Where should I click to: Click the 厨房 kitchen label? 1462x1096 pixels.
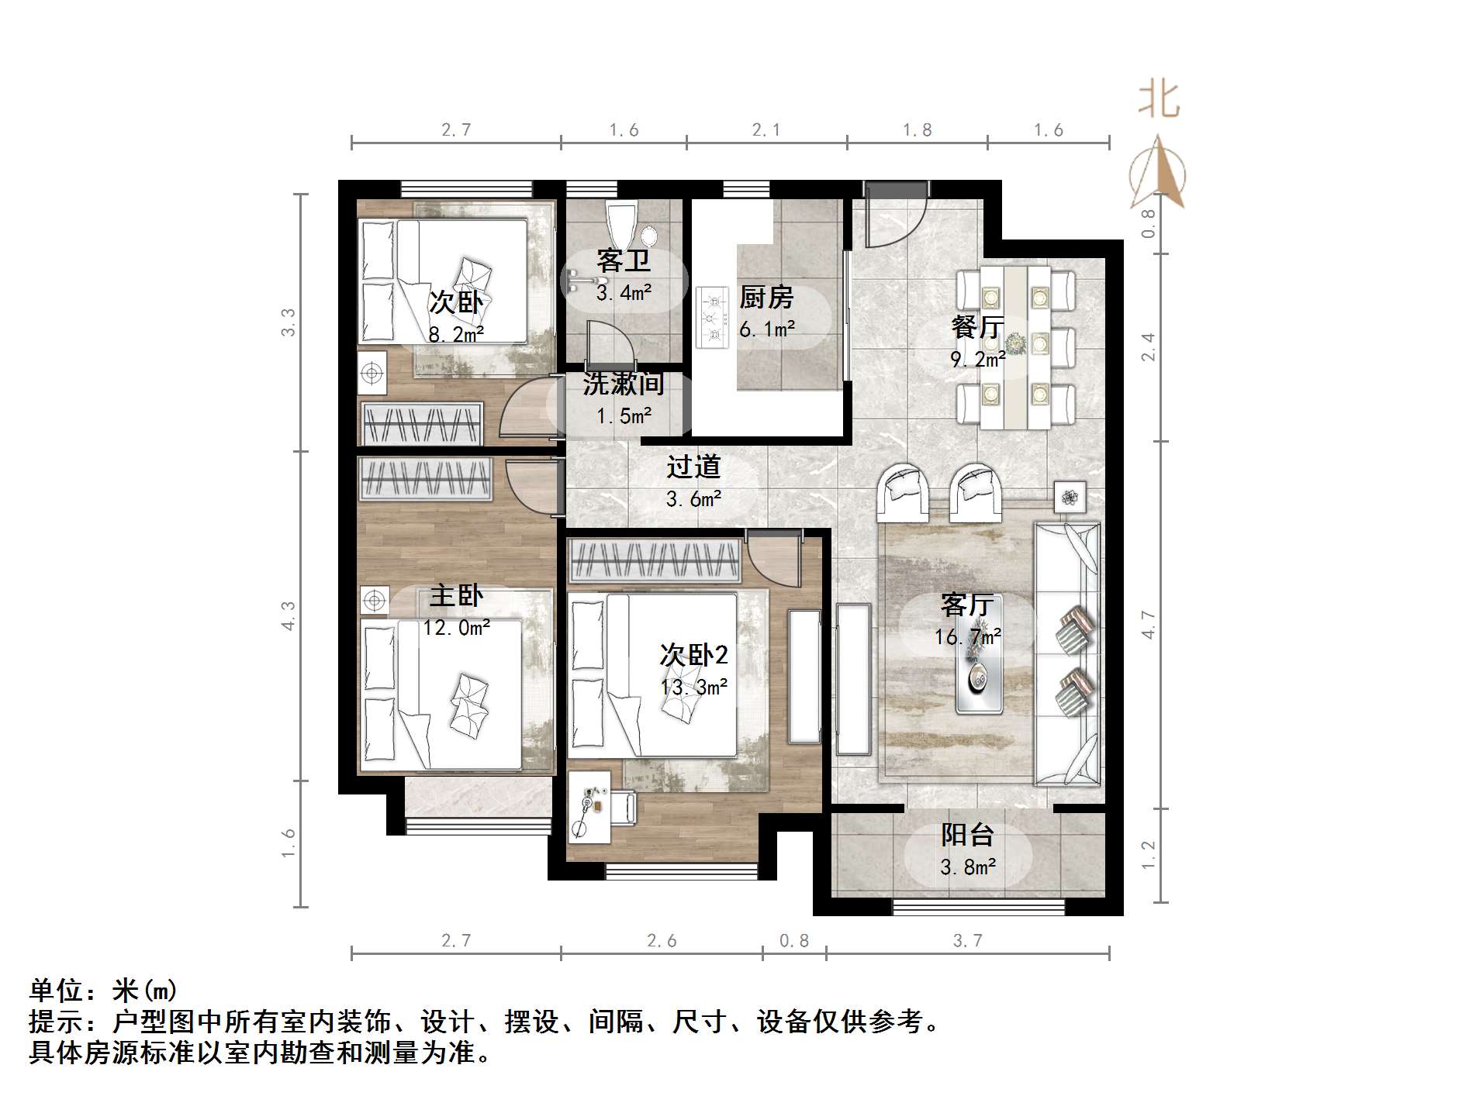[766, 297]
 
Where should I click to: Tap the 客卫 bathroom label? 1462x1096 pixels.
[623, 260]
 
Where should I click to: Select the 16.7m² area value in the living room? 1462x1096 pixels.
[967, 637]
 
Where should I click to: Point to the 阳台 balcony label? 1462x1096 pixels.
[967, 835]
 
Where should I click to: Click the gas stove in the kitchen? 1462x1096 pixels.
[711, 317]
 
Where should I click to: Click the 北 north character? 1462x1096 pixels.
[1159, 101]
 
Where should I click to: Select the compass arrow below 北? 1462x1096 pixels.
[1159, 174]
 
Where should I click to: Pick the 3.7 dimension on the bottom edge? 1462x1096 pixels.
[967, 940]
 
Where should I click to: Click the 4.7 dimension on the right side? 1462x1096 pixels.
[1148, 625]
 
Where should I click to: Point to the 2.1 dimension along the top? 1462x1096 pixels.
[766, 130]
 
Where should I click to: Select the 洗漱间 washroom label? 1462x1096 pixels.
[623, 383]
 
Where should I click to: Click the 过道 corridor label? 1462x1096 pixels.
[693, 467]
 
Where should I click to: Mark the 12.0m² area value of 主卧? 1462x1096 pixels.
[456, 628]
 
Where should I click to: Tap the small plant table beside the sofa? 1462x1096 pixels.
[1070, 496]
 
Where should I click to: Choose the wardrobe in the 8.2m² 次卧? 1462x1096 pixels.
[422, 424]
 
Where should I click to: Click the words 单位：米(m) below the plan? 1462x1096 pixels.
[103, 990]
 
